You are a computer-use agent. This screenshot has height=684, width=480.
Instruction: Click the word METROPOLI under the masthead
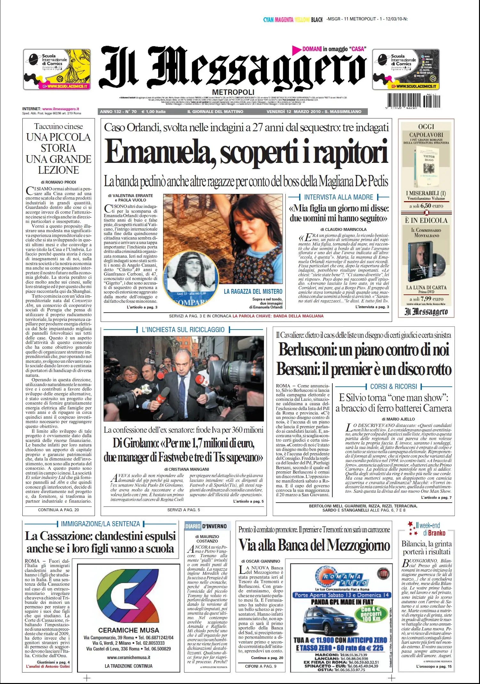[x=233, y=92]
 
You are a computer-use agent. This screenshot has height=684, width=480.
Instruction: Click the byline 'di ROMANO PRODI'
[x=58, y=182]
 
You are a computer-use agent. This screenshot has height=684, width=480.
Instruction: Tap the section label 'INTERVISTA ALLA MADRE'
[x=338, y=197]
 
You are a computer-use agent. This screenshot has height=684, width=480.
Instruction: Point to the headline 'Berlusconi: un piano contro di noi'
[x=364, y=349]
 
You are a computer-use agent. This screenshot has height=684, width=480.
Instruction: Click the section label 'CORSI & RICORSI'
[x=393, y=386]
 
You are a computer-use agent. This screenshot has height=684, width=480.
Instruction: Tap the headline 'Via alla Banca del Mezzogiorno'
[x=314, y=545]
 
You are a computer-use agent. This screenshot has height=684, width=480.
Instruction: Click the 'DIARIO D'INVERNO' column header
[x=206, y=526]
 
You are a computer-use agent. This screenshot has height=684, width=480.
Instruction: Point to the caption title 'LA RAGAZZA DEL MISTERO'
[x=253, y=292]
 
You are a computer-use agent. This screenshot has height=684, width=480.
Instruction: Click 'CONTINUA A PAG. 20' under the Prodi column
[x=58, y=510]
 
